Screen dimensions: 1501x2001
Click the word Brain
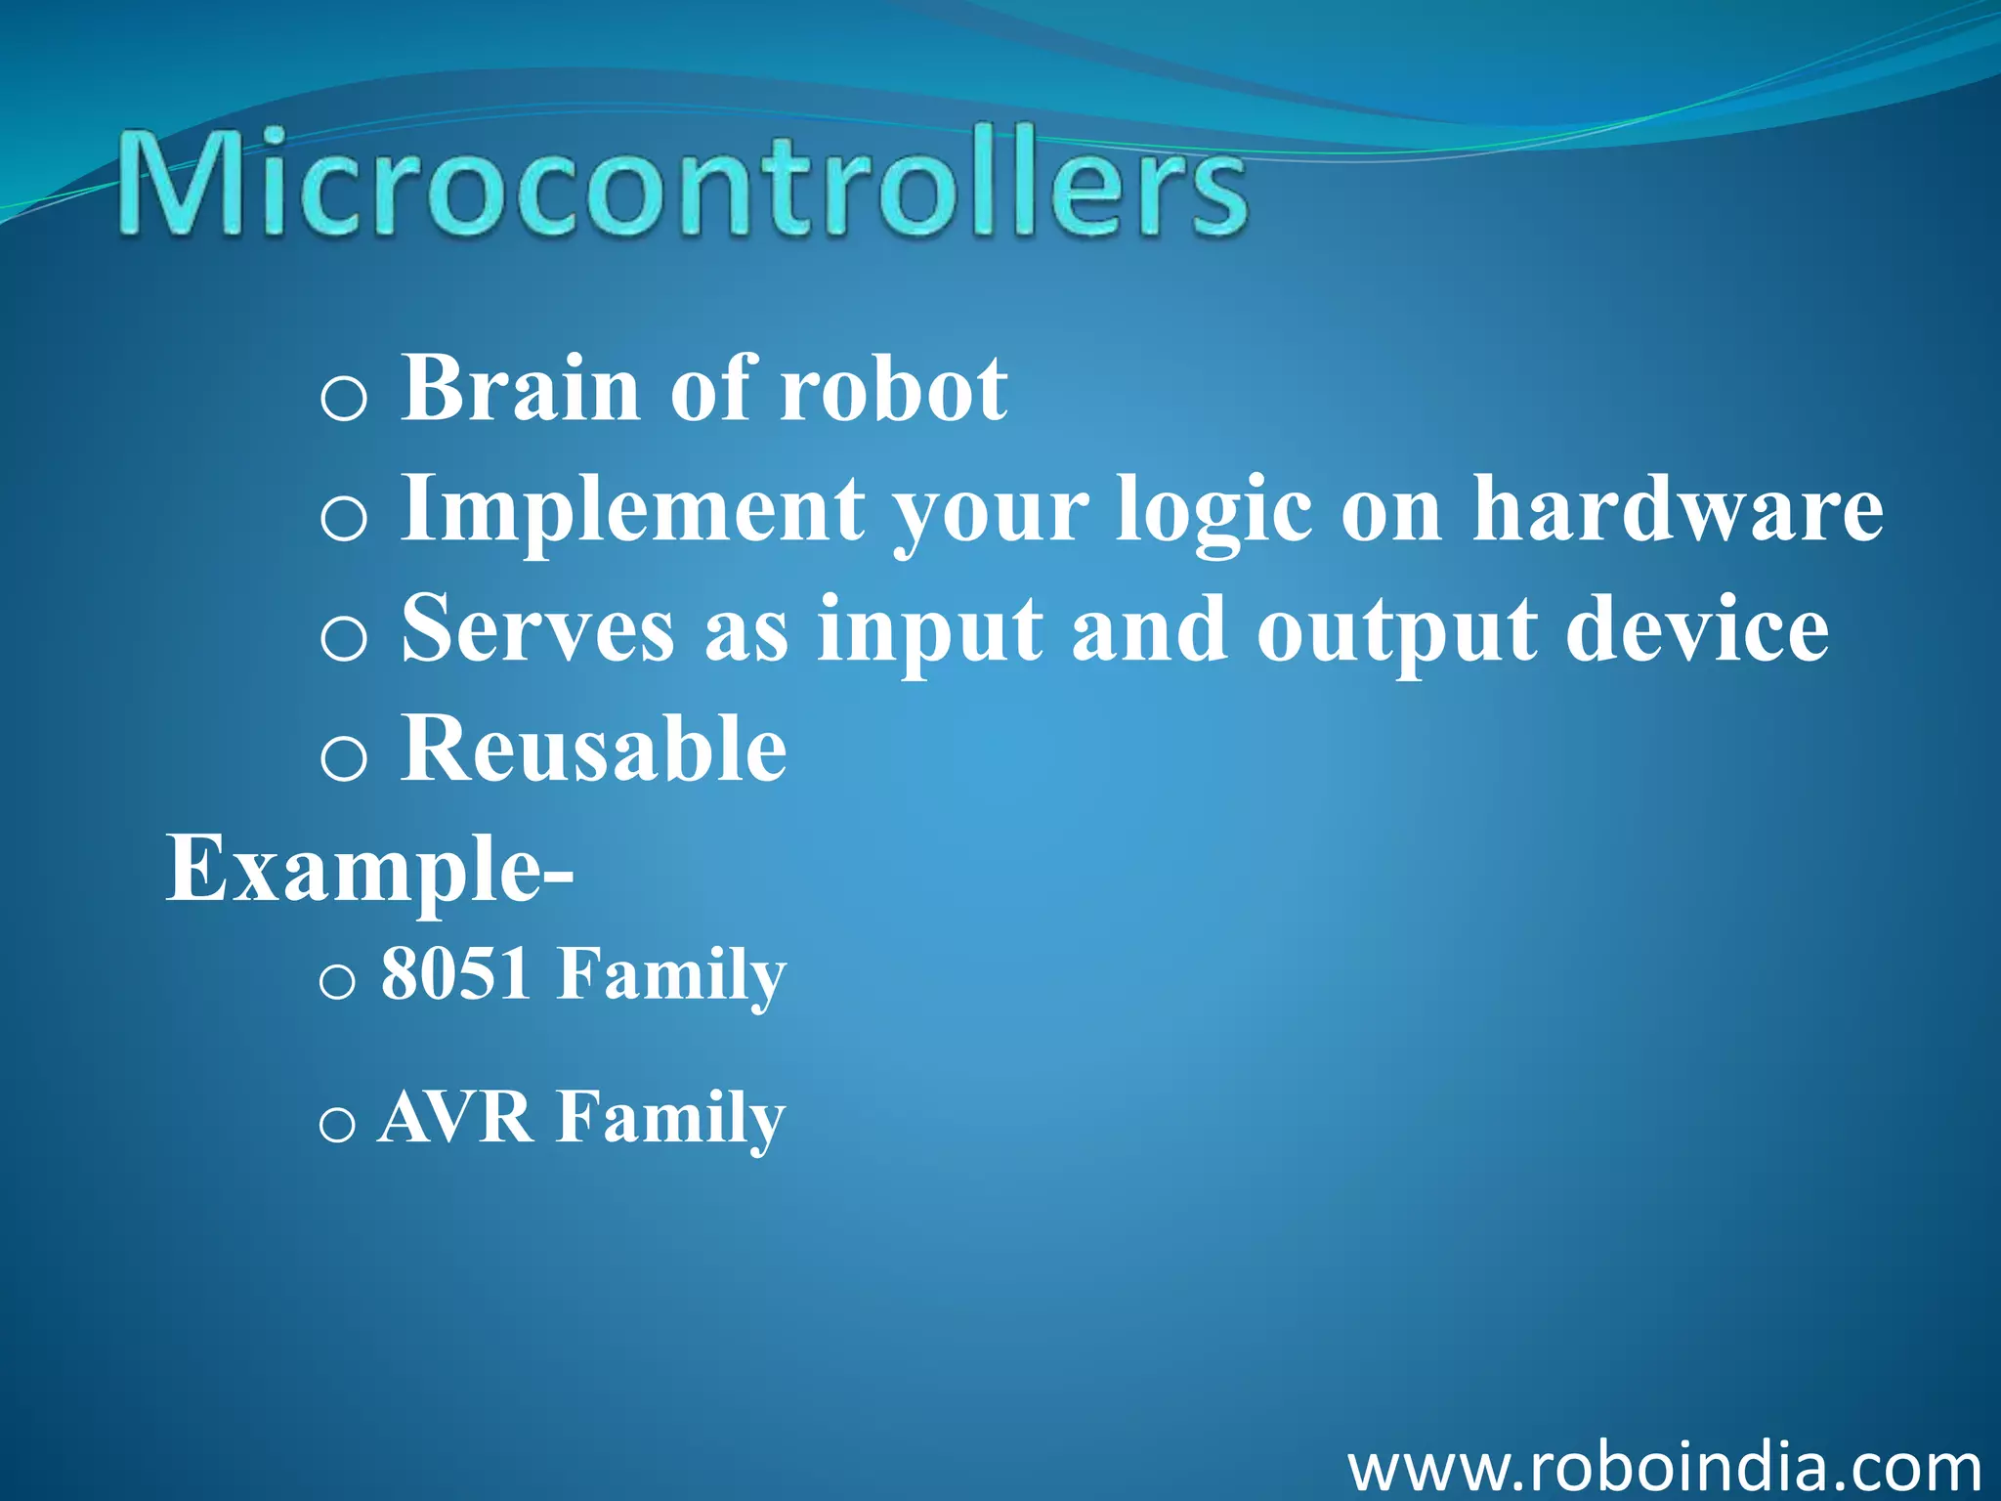pyautogui.click(x=521, y=389)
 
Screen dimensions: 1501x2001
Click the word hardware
pyautogui.click(x=1677, y=508)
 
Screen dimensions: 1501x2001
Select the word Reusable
pyautogui.click(x=594, y=749)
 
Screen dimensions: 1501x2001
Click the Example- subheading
pyautogui.click(x=369, y=870)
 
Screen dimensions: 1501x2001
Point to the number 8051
pyautogui.click(x=456, y=973)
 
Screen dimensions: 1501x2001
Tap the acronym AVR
pyautogui.click(x=456, y=1117)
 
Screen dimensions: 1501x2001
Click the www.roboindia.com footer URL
pyautogui.click(x=1664, y=1467)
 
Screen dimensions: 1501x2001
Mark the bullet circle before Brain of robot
pyautogui.click(x=343, y=399)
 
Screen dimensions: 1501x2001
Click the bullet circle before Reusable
pyautogui.click(x=343, y=758)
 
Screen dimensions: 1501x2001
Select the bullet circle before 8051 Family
pyautogui.click(x=336, y=981)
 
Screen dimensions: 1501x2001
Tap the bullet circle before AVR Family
pyautogui.click(x=336, y=1125)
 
